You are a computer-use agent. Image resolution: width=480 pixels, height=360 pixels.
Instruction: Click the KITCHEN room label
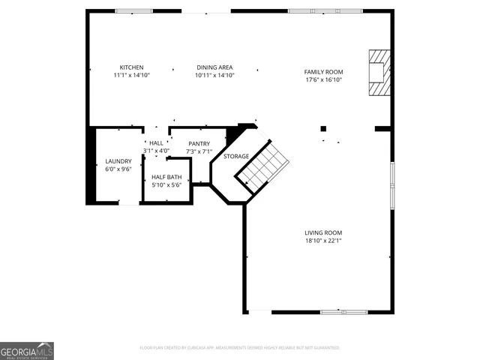[x=131, y=67]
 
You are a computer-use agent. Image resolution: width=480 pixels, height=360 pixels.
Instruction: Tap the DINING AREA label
[x=215, y=67]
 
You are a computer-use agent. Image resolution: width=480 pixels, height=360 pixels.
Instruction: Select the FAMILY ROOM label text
[x=322, y=72]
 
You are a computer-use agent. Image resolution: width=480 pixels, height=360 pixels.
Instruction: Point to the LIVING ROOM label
[x=322, y=232]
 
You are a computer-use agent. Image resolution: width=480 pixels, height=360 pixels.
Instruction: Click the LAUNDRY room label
[x=118, y=161]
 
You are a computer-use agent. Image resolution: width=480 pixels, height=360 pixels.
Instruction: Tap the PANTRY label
[x=199, y=143]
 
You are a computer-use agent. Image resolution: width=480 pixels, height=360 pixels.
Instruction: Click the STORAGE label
[x=236, y=156]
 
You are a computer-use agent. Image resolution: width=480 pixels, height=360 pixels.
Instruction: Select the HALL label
[x=156, y=142]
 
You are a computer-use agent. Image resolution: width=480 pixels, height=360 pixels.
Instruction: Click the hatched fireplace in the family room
[x=379, y=73]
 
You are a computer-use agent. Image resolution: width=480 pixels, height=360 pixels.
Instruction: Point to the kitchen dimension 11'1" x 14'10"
[x=131, y=76]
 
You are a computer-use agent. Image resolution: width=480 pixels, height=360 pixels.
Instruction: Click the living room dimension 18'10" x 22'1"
[x=322, y=241]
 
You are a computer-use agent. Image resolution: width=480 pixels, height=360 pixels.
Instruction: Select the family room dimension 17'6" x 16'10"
[x=322, y=80]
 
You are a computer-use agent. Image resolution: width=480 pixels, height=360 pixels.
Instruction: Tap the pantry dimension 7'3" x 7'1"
[x=199, y=151]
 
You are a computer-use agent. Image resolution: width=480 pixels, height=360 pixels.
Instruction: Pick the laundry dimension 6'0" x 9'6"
[x=118, y=169]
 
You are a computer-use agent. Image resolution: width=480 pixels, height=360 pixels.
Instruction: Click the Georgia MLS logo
[x=27, y=351]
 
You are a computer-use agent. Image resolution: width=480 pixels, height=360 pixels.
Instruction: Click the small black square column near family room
[x=323, y=128]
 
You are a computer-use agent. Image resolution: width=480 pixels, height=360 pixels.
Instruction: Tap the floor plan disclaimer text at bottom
[x=240, y=348]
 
